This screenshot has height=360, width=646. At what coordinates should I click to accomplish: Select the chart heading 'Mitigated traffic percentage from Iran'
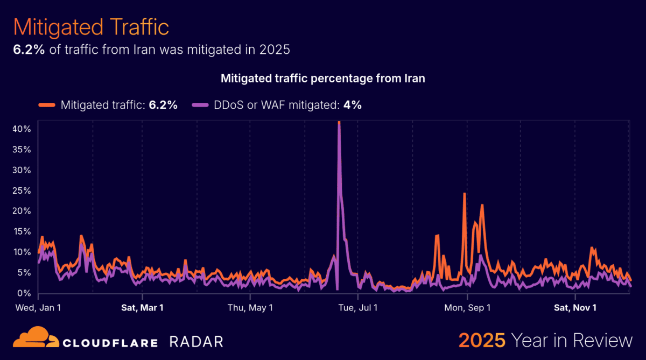click(323, 79)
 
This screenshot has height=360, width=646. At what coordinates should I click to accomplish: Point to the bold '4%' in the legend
click(353, 105)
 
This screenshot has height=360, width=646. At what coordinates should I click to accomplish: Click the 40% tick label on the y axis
click(22, 129)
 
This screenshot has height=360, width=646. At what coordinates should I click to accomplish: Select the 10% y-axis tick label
click(22, 252)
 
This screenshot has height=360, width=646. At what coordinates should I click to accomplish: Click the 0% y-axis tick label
click(25, 293)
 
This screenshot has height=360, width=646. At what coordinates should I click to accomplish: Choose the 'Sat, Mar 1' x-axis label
click(142, 308)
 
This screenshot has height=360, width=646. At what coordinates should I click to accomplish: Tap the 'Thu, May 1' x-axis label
click(250, 308)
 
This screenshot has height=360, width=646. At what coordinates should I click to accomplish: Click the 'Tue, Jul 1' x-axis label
click(357, 308)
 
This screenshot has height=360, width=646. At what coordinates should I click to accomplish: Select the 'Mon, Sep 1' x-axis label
click(467, 308)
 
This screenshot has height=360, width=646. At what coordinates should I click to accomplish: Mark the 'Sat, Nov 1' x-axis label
click(575, 308)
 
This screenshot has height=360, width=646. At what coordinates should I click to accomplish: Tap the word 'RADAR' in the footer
click(196, 342)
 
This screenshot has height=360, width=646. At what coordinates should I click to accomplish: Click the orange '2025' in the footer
click(482, 341)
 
